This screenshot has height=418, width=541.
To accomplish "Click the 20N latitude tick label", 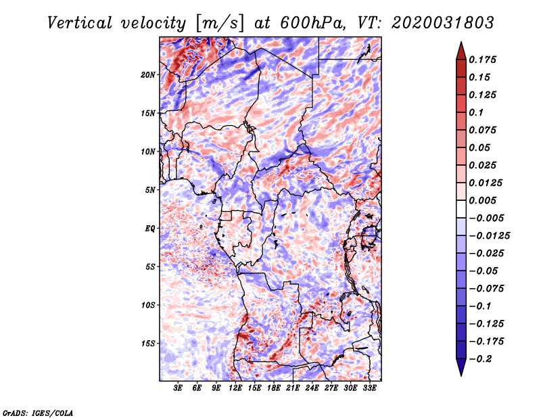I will pyautogui.click(x=148, y=74).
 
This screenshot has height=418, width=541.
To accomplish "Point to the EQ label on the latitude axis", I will pyautogui.click(x=150, y=229).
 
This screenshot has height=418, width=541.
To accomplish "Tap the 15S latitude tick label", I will pyautogui.click(x=148, y=344).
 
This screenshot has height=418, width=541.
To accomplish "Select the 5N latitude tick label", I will pyautogui.click(x=150, y=190).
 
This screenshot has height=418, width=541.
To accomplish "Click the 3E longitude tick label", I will pyautogui.click(x=179, y=388).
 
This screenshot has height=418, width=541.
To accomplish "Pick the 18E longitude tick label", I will pyautogui.click(x=274, y=388).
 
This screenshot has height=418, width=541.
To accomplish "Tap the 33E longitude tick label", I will pyautogui.click(x=369, y=388).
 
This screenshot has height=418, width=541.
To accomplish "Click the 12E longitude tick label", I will pyautogui.click(x=236, y=388).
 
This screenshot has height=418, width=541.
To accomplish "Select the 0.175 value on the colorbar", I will pyautogui.click(x=486, y=60).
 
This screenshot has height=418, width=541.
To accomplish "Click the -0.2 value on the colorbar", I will pyautogui.click(x=483, y=358).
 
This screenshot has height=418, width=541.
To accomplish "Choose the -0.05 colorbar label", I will pyautogui.click(x=486, y=271).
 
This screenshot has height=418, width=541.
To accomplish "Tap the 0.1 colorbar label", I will pyautogui.click(x=479, y=112).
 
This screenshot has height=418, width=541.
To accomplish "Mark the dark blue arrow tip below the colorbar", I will pyautogui.click(x=461, y=371).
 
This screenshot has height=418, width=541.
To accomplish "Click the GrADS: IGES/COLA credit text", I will pyautogui.click(x=37, y=412).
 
